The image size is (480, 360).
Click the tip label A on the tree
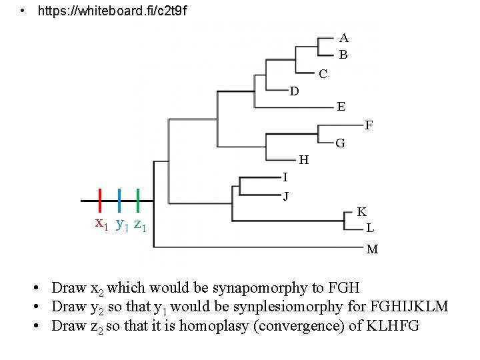point(343,38)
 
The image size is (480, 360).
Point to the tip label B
point(343,55)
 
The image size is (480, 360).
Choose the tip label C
point(323,74)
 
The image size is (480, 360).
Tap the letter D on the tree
point(294,91)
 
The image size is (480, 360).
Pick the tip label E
point(341,107)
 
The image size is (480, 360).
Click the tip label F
point(369,125)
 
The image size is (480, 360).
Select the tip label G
point(340,143)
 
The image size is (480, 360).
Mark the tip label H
point(303,160)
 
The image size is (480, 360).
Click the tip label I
point(285,177)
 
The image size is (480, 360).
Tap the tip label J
point(286,196)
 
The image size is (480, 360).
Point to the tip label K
point(361,212)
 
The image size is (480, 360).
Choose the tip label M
point(372,249)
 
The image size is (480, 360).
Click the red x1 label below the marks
point(102,223)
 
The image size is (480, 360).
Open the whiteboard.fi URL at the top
point(113,11)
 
